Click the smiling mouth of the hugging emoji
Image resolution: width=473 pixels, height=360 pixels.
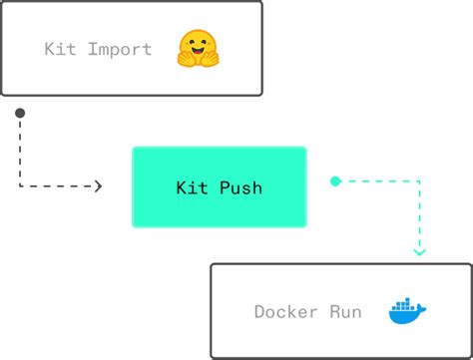[x=198, y=50]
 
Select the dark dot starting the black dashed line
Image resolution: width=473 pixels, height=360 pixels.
[x=20, y=113]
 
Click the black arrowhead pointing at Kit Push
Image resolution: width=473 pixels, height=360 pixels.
[x=98, y=185]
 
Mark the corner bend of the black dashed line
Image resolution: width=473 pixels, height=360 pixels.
[x=20, y=185]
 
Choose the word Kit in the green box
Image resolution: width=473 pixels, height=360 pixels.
[x=191, y=187]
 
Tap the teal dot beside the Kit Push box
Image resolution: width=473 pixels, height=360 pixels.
[x=335, y=181]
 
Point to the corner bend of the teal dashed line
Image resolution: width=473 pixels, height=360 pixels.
[x=419, y=181]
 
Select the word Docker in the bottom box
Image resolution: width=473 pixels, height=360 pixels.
[x=285, y=312]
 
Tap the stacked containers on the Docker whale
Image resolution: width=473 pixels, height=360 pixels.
[x=403, y=306]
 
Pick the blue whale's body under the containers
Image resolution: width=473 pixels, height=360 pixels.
[x=403, y=318]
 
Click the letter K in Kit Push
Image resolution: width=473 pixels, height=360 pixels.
[x=181, y=187]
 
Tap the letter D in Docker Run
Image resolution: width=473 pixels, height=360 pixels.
[x=259, y=312]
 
